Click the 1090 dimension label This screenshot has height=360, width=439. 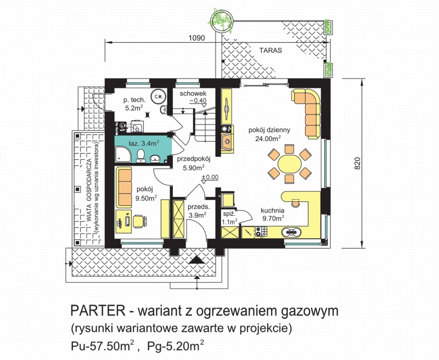coord(197,38)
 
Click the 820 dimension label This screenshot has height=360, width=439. coord(357,163)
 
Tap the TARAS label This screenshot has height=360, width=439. coord(271,50)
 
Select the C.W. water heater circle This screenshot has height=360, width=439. coord(159,97)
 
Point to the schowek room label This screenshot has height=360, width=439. coord(193,93)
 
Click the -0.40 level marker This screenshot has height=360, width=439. coord(198,100)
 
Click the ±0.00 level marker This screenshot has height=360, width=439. coord(210,178)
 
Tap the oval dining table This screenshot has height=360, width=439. coord(290,164)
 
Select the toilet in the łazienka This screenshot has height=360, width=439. coord(140,156)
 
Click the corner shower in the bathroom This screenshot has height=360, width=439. coord(122,154)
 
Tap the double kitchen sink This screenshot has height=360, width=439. coord(291,232)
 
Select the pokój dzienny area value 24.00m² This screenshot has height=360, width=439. coord(268,138)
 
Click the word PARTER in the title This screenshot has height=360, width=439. coord(98,311)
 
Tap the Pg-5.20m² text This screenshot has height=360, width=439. coord(175,345)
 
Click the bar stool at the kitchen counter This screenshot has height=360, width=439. coord(295,203)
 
